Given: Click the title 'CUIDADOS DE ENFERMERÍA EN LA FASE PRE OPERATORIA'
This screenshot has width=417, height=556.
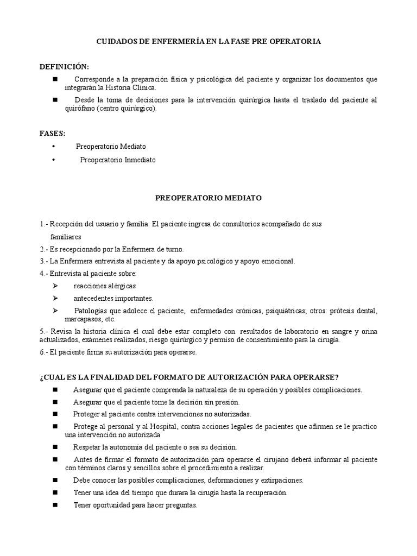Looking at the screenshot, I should tap(208, 41).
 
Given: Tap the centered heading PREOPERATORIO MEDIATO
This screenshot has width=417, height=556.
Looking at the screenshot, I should tap(208, 198).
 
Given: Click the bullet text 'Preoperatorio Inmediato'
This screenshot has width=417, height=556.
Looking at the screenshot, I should tap(118, 160).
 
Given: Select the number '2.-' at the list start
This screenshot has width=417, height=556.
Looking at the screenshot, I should tap(45, 249).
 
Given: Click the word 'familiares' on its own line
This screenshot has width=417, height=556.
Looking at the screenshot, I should tap(66, 237).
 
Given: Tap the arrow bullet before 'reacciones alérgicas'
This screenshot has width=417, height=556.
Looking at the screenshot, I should tap(55, 286).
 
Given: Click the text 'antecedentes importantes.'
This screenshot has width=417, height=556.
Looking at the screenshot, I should tap(113, 298).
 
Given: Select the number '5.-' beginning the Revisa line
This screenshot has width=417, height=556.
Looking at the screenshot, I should tap(45, 331).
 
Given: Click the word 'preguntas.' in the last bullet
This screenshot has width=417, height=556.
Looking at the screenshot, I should tap(180, 505).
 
